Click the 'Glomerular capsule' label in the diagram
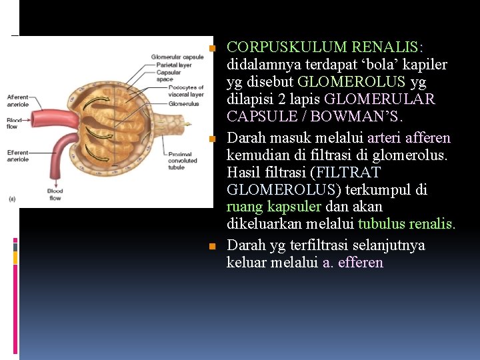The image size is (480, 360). point(177,57)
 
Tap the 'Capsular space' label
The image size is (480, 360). point(165,76)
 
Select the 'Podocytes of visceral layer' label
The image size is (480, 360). point(186,91)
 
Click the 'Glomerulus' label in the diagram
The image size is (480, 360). point(183,104)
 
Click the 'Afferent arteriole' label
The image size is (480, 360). point(18,100)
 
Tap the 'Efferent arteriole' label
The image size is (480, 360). point(18,156)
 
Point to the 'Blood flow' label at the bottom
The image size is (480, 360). point(55,195)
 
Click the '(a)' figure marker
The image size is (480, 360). point(11,198)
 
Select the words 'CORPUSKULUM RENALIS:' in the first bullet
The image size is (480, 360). point(325,47)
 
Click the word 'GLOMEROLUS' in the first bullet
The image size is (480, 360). point(351,82)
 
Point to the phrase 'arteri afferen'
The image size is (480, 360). point(409,138)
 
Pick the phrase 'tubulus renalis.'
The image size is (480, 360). point(407,225)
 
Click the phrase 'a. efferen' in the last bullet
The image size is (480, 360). point(353,263)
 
